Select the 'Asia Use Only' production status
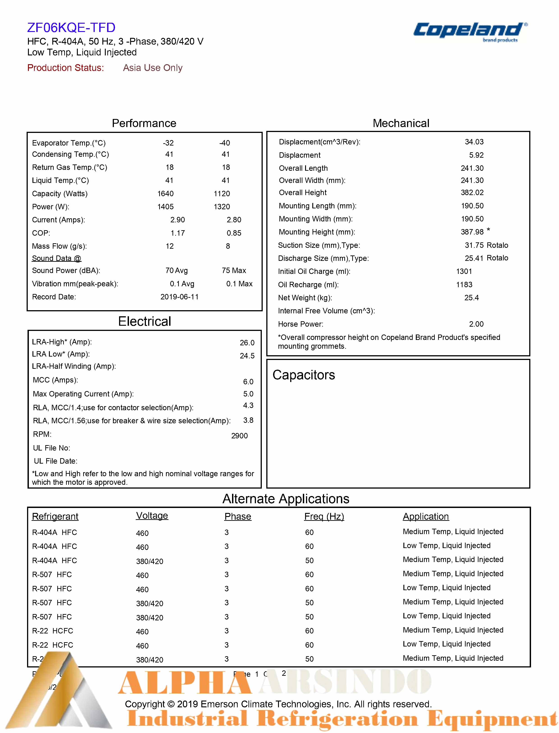[153, 68]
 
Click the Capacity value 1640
[165, 193]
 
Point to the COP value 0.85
[234, 233]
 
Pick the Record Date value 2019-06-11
[179, 297]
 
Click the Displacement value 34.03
[474, 142]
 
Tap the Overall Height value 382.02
[472, 192]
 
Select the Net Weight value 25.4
[471, 298]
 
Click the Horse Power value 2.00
[476, 324]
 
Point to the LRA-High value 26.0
[247, 343]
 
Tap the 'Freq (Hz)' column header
[324, 516]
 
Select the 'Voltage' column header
[152, 516]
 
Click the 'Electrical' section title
[144, 321]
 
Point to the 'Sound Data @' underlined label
[56, 258]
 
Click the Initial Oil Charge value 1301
[464, 271]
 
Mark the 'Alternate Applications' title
[285, 499]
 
